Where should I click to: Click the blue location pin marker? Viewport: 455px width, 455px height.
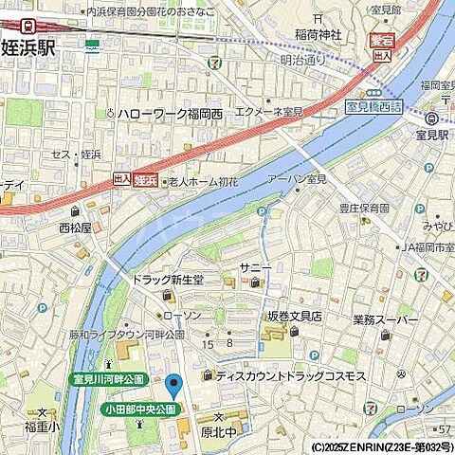pyautogui.click(x=173, y=386)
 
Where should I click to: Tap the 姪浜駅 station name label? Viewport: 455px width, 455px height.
pyautogui.click(x=27, y=47)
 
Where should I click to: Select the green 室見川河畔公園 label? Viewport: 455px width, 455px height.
pyautogui.click(x=109, y=379)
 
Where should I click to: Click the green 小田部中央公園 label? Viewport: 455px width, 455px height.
pyautogui.click(x=139, y=409)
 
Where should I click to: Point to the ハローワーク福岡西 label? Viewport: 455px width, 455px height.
pyautogui.click(x=170, y=115)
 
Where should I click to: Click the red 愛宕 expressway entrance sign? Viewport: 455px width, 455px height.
pyautogui.click(x=382, y=43)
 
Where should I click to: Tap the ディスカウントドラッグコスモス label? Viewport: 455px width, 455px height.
pyautogui.click(x=290, y=376)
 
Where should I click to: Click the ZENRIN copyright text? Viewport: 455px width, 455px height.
pyautogui.click(x=382, y=446)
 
